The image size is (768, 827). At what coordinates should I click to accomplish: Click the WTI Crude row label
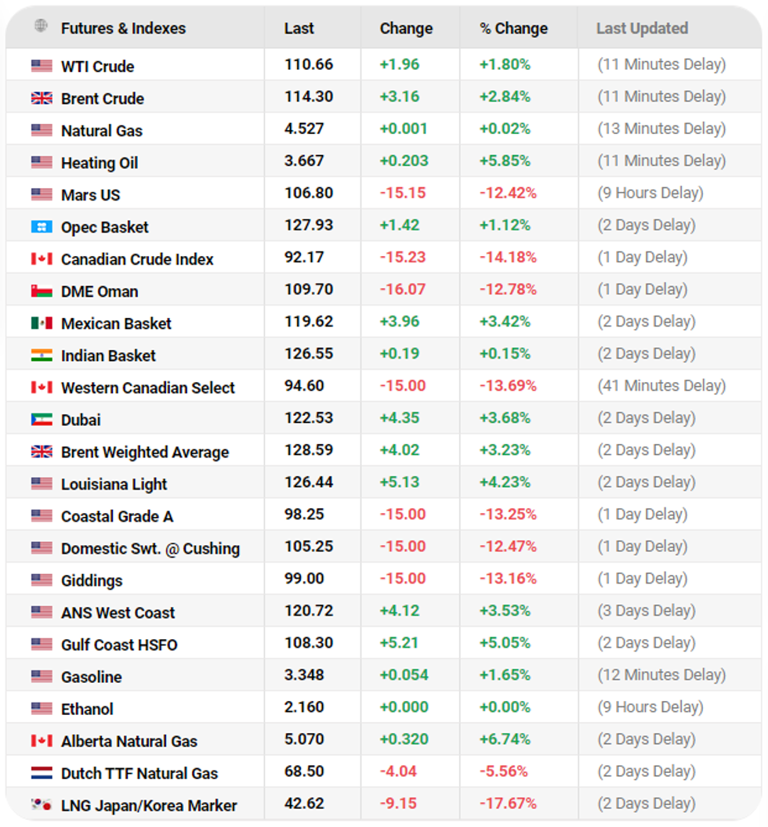coord(97,67)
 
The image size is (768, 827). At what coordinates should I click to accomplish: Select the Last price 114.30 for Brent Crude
coord(309,97)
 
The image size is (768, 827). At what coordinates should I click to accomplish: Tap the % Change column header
coord(513,28)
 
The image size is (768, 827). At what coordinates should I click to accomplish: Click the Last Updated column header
coord(642,28)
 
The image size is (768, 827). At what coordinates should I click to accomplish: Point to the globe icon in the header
coord(41,27)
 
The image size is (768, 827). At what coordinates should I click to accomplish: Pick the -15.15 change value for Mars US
coord(402,193)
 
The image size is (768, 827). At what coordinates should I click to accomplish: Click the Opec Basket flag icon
coord(42,227)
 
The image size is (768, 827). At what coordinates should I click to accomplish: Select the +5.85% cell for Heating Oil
coord(505,161)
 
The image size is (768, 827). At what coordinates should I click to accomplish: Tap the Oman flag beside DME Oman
coord(42,291)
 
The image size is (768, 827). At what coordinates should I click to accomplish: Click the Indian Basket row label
coord(108,356)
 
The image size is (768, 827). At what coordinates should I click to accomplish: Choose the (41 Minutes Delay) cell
coord(662,386)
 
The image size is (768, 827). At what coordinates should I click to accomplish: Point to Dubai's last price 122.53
coord(309,418)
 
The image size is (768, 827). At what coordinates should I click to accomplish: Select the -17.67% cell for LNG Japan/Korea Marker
coord(508,804)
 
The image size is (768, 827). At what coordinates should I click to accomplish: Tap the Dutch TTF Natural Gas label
coord(139,773)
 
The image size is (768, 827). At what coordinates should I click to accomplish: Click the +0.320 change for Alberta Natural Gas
coord(404,739)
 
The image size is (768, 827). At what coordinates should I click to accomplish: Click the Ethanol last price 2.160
coord(304,707)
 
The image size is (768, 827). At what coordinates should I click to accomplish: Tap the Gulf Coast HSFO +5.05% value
coord(505,643)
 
